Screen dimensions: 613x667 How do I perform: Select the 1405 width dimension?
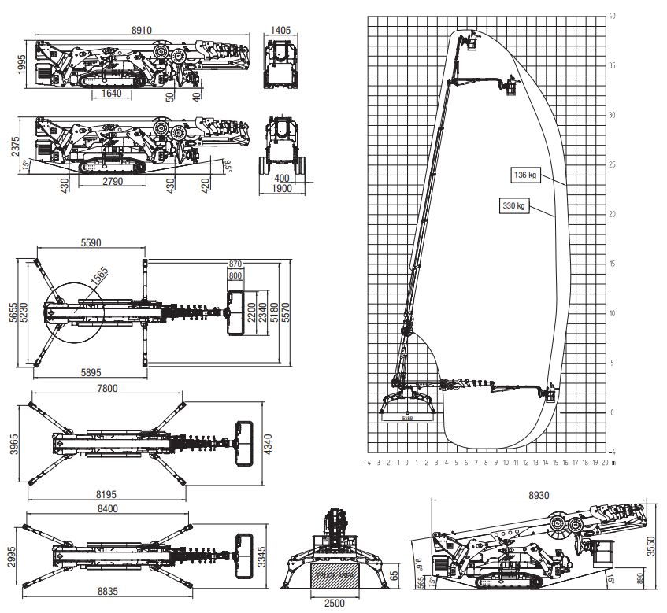tap(280, 30)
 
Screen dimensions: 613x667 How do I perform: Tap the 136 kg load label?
tap(523, 175)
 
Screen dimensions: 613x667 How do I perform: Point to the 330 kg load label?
tap(513, 206)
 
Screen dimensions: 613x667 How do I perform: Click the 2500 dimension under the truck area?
tap(335, 603)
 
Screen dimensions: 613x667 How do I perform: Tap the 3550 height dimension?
tap(650, 546)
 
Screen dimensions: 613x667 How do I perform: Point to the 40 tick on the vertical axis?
tap(612, 16)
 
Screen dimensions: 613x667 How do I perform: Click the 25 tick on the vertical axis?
tap(612, 164)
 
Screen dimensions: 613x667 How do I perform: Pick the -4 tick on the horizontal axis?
tap(367, 463)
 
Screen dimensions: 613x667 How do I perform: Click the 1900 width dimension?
tap(281, 189)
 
